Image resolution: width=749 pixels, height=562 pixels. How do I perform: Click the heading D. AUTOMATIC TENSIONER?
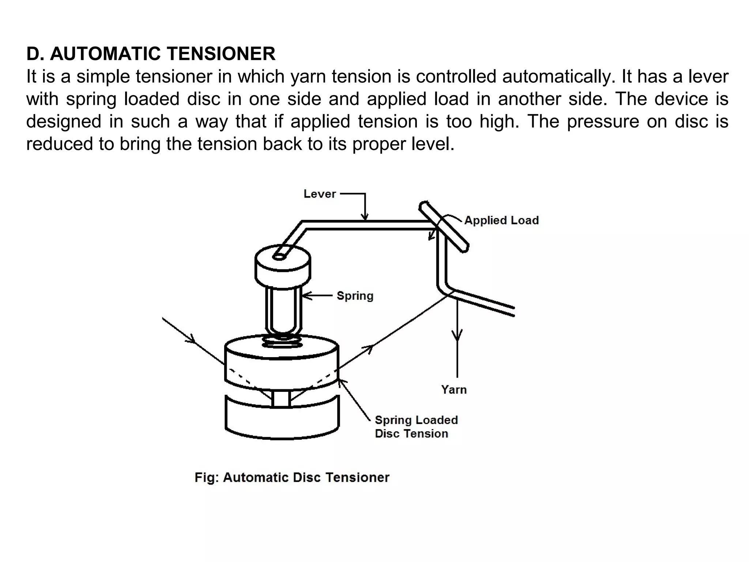point(151,54)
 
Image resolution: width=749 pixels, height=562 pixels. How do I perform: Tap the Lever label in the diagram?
point(319,194)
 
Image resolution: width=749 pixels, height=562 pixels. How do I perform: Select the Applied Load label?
point(501,220)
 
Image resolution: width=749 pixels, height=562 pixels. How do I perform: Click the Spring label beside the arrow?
point(355,296)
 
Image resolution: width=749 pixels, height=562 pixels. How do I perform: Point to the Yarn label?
point(454,389)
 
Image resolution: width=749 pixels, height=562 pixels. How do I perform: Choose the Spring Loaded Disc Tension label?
point(416,427)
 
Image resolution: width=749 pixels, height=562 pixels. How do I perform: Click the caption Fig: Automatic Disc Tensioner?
point(292,477)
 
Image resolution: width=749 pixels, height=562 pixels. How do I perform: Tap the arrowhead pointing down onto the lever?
point(365,217)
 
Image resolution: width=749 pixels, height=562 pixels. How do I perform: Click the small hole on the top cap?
point(279,257)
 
